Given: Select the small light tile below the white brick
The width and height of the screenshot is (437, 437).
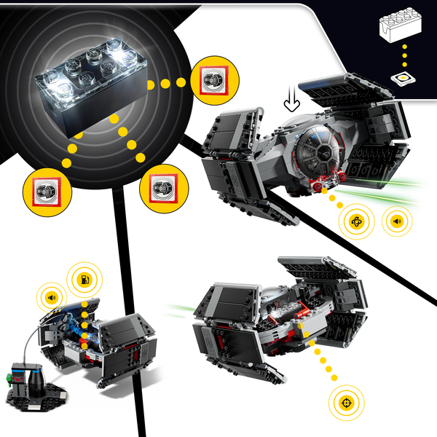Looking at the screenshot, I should [x=401, y=79].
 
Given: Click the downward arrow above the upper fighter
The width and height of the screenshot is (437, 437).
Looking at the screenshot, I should [x=292, y=101].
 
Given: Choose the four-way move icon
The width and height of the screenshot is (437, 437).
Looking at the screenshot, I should [x=358, y=221].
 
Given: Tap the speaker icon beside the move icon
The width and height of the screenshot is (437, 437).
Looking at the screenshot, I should [x=396, y=221].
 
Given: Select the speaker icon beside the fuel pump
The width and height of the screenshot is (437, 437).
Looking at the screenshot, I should [x=51, y=297].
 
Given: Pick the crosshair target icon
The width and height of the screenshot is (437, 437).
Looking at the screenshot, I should [x=345, y=401].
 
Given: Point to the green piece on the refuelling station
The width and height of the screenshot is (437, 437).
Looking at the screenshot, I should [x=11, y=378].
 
